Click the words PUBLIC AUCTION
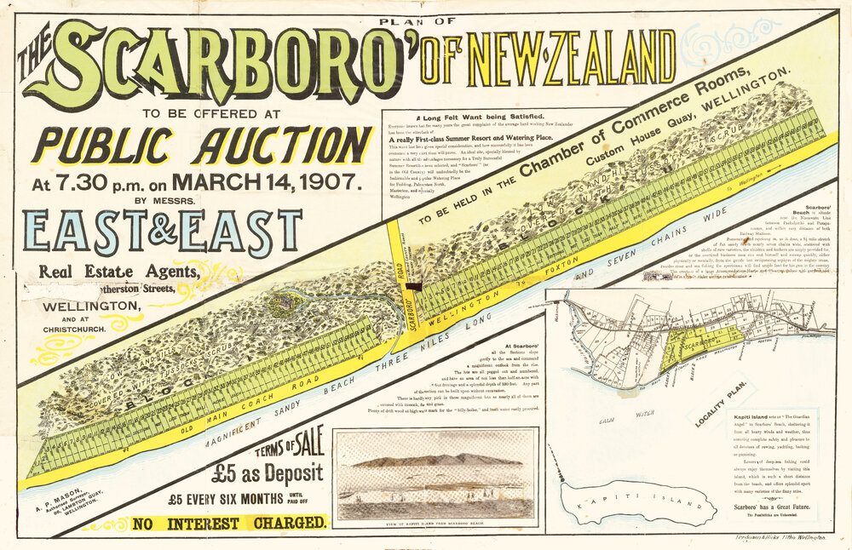point(203,144)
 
